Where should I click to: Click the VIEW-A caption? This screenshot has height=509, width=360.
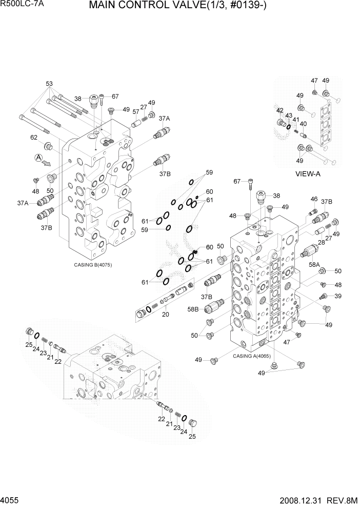pos(308,173)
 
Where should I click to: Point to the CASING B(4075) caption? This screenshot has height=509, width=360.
pos(93,265)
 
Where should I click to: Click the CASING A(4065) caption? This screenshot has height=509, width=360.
pos(251,356)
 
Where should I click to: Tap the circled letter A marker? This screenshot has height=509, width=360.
pos(38,158)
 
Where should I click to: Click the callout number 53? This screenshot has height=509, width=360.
pos(49,83)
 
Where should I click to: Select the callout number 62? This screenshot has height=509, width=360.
pos(34,138)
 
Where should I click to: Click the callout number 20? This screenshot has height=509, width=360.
pos(165,315)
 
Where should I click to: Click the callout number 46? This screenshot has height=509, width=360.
pos(314,199)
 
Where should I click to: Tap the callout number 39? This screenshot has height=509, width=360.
pos(337,296)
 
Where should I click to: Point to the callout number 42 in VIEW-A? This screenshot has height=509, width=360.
pos(280,110)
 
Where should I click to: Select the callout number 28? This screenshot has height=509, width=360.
pos(322,242)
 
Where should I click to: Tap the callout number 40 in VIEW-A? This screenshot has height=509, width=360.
pos(303,124)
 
